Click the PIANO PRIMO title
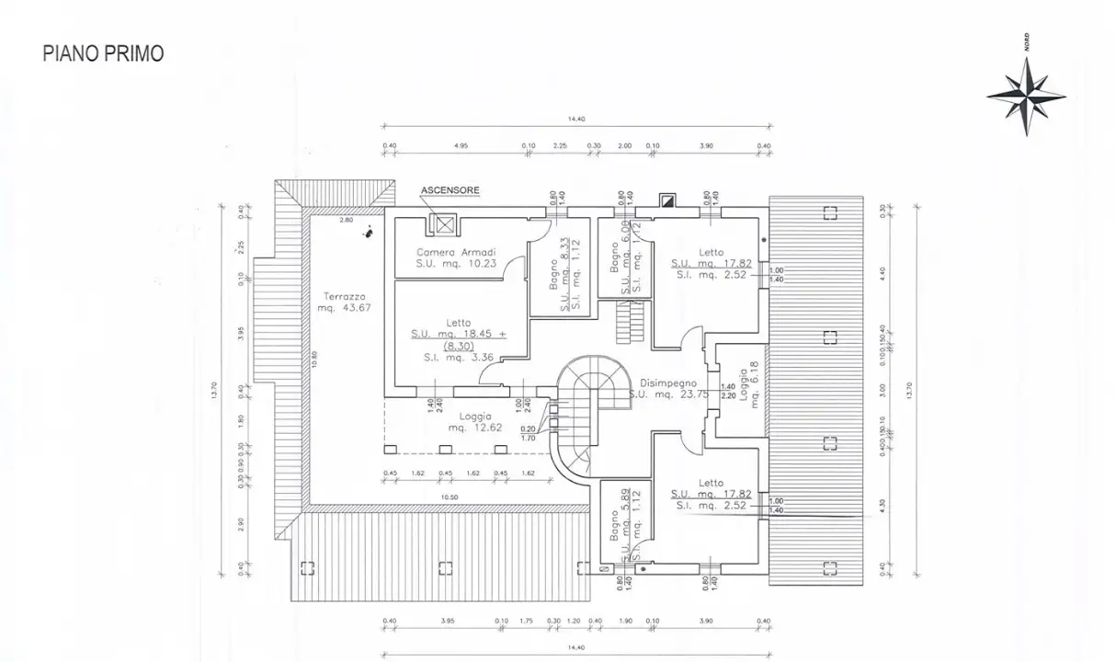(103, 53)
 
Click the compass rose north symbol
(1026, 95)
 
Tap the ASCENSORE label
(450, 190)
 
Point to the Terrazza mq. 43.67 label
(344, 302)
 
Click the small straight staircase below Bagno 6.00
(631, 321)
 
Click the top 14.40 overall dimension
(576, 119)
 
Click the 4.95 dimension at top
(461, 145)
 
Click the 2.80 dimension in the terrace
(345, 221)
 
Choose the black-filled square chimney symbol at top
(668, 199)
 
